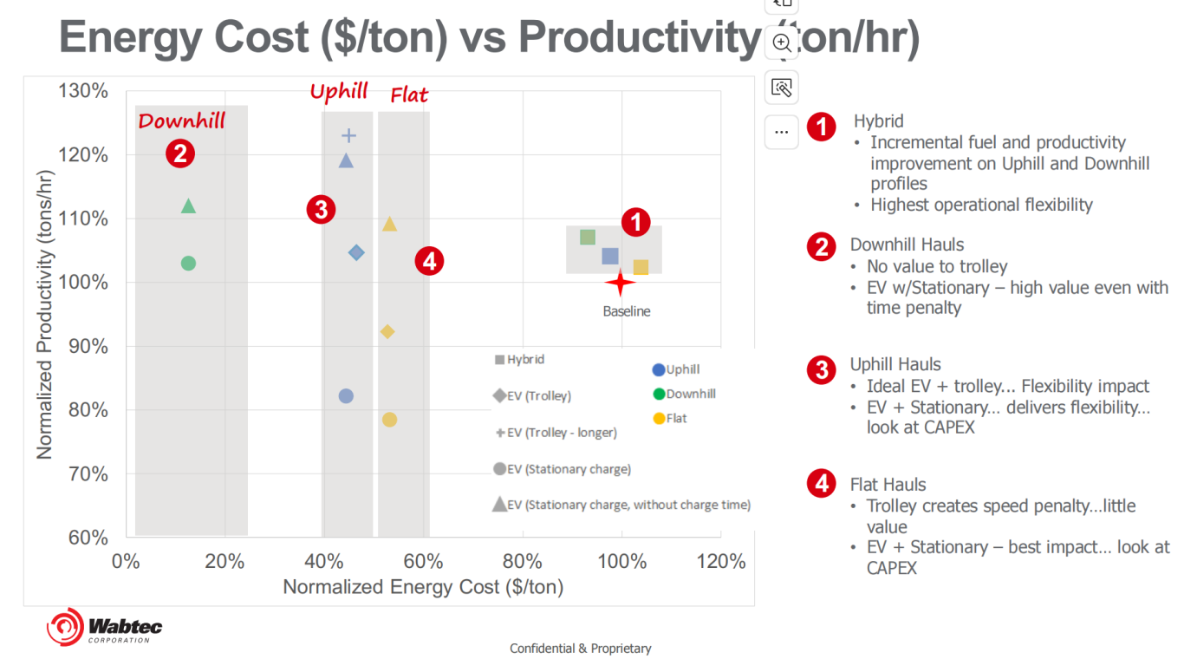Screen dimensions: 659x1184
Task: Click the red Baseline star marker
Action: [x=620, y=283]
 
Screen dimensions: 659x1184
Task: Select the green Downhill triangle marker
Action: [x=188, y=206]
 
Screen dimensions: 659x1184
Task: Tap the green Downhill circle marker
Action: [x=188, y=263]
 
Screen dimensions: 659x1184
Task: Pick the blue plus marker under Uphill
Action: [x=348, y=135]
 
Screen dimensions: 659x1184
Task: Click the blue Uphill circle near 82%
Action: [x=346, y=396]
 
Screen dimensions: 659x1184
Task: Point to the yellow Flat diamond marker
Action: [x=387, y=331]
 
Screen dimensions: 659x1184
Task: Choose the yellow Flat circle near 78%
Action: [x=389, y=420]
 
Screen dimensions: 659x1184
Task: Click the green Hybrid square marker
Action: [x=588, y=238]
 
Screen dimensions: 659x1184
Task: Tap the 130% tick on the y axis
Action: [x=84, y=91]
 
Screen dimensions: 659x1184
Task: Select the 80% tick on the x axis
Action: [x=523, y=561]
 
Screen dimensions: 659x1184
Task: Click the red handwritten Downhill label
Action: [x=181, y=121]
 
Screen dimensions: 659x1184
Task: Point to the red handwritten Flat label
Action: [x=409, y=95]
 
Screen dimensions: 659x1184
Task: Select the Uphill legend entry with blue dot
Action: [x=677, y=369]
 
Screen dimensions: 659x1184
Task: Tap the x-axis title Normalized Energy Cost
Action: [x=423, y=587]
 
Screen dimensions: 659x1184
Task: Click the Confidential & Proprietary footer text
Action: [x=580, y=649]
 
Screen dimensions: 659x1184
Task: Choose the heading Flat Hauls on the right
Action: [x=888, y=485]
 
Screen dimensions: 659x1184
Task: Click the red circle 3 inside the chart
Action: [x=321, y=209]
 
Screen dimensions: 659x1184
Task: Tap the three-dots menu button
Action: [x=782, y=132]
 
